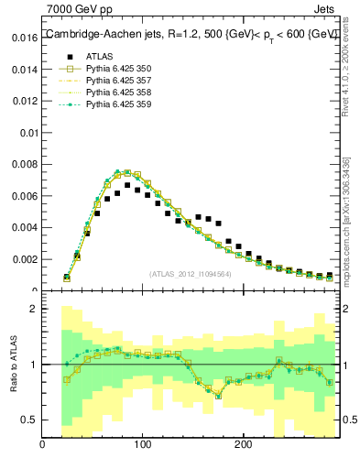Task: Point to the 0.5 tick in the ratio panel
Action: (27, 420)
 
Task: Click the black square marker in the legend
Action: (64, 56)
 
